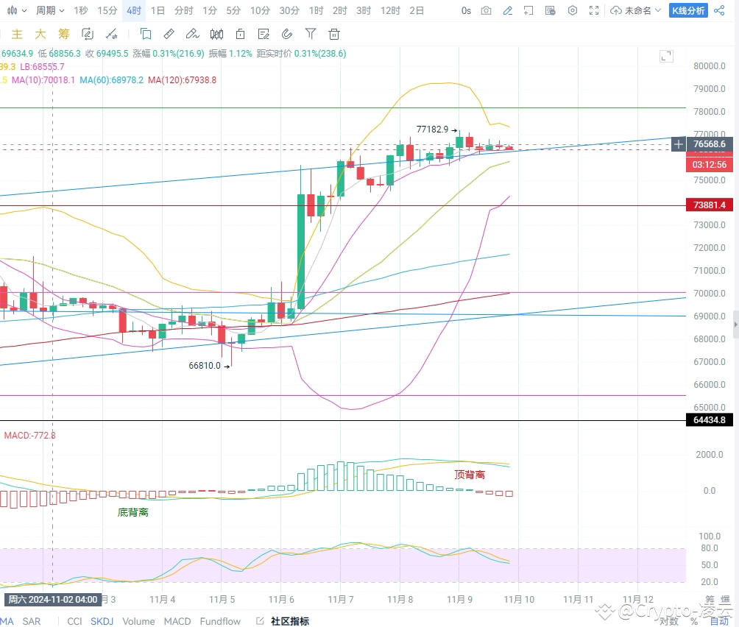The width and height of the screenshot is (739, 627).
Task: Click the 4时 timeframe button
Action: click(x=134, y=10)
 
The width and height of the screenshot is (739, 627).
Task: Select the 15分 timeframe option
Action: click(x=107, y=10)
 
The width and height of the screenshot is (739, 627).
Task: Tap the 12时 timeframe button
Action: click(x=390, y=10)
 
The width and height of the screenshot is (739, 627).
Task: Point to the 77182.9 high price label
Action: click(x=433, y=129)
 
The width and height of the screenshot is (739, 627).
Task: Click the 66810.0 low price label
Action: click(x=205, y=365)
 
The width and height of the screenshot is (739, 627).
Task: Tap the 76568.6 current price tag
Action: click(x=710, y=144)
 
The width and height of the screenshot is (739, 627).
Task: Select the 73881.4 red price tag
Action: click(x=710, y=205)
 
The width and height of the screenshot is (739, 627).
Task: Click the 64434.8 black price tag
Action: click(x=710, y=420)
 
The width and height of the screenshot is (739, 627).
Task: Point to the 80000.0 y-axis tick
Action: click(x=710, y=65)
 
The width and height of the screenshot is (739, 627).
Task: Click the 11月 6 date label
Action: click(x=283, y=599)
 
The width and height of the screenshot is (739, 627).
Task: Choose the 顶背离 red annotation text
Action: click(x=470, y=475)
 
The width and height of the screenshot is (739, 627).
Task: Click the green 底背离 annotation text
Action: click(x=133, y=511)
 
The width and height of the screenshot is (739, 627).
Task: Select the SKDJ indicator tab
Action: click(x=102, y=621)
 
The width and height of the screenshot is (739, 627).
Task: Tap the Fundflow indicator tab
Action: click(x=221, y=621)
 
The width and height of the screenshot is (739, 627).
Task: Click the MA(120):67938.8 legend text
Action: click(x=182, y=79)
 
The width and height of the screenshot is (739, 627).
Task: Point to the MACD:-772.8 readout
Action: click(x=29, y=435)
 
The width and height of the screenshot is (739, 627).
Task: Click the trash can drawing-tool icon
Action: click(x=334, y=34)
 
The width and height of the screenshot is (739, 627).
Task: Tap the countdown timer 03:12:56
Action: click(x=710, y=165)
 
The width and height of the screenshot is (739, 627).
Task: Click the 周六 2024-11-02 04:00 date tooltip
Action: click(x=52, y=599)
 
